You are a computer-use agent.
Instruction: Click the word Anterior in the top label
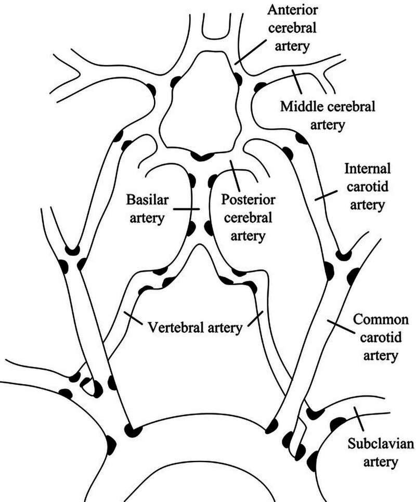coord(293,9)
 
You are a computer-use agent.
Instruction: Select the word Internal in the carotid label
coord(368,168)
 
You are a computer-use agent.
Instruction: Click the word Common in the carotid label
coord(381,320)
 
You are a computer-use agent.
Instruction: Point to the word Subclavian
coord(381,444)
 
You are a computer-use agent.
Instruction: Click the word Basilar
coord(147,200)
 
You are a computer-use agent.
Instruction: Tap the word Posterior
coord(248,200)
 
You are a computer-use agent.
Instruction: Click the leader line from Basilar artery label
coord(186,209)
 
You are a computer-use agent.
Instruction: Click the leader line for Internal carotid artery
coord(326,195)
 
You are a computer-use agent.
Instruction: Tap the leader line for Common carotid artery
coord(341,326)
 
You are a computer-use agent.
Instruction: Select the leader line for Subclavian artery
coord(359,419)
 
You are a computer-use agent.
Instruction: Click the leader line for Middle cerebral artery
coord(297,80)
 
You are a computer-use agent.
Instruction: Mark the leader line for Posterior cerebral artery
coord(235,176)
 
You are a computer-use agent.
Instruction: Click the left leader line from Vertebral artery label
coord(133,318)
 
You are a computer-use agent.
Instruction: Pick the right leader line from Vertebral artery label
coord(255,319)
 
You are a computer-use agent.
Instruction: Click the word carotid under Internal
coord(368,186)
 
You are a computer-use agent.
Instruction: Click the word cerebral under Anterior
coord(292,28)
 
